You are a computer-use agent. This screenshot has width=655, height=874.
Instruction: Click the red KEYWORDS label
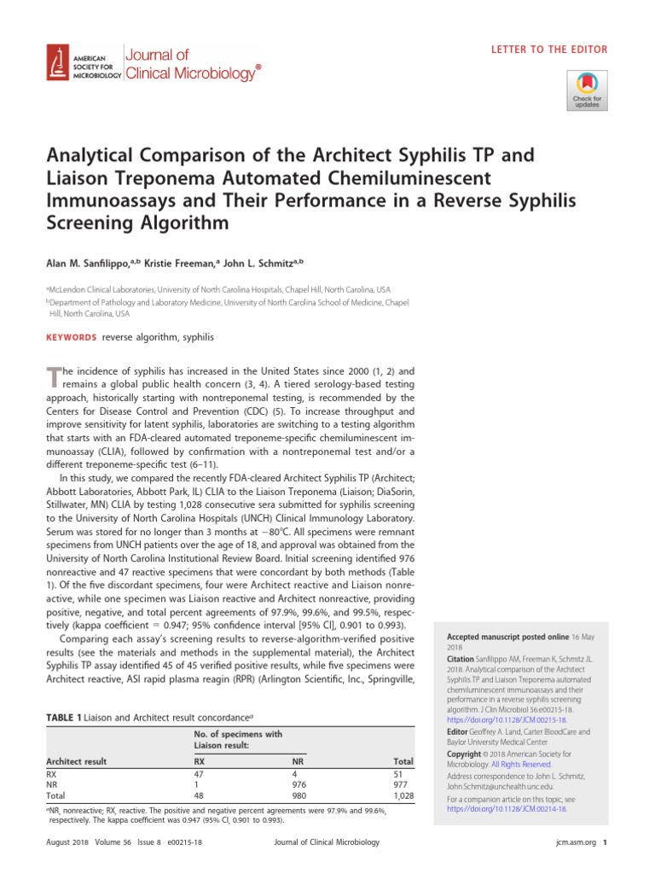pos(71,337)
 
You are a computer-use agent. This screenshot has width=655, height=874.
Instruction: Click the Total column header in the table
pos(403,761)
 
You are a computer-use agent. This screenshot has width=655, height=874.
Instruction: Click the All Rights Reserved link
pos(530,764)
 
